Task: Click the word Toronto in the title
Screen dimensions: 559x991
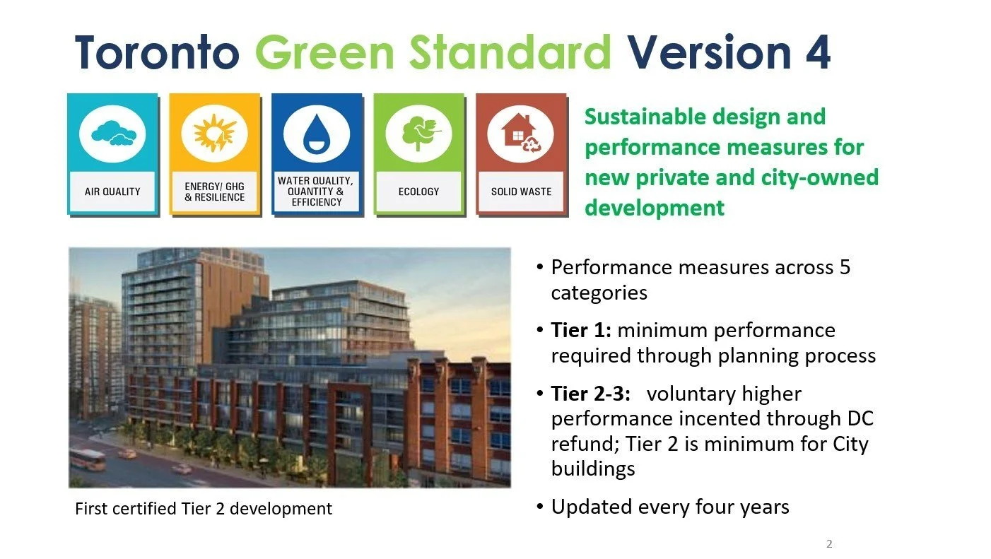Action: (x=156, y=52)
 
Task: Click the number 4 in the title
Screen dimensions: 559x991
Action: (x=817, y=52)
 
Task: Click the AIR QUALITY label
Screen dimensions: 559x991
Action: (x=112, y=192)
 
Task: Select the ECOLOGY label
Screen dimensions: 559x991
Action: (x=418, y=192)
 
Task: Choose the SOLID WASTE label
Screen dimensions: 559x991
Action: (x=521, y=192)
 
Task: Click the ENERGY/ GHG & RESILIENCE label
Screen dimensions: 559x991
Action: (x=214, y=192)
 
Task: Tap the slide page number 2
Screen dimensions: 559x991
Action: (x=829, y=544)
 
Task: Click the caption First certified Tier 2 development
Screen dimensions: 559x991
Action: (x=204, y=508)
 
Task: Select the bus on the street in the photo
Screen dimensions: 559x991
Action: (x=88, y=460)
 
